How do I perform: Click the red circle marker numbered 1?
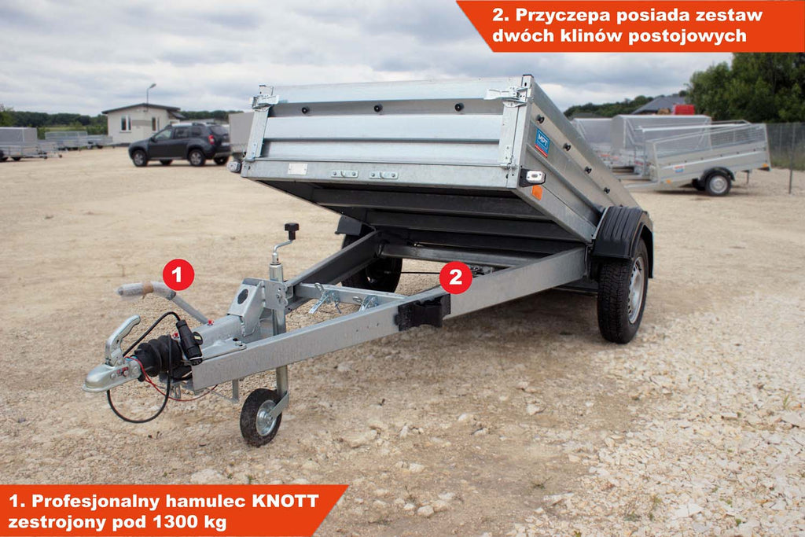178,274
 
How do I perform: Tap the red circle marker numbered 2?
455,278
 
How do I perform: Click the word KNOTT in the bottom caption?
285,501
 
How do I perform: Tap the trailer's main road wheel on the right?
623,292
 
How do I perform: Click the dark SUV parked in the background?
179,145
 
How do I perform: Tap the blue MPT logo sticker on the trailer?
542,142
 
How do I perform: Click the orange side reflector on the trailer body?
536,192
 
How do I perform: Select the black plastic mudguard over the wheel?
619,233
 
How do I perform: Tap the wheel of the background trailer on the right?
717,183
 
